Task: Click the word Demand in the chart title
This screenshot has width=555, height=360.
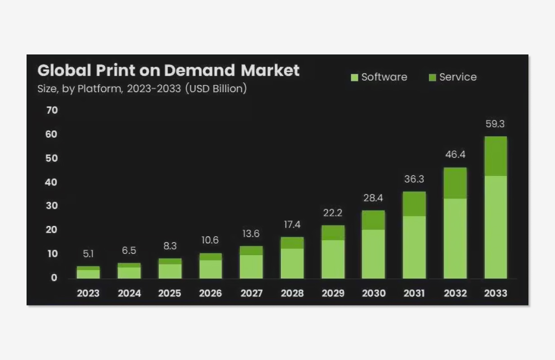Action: [x=199, y=71]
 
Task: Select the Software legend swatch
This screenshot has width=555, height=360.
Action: [x=354, y=77]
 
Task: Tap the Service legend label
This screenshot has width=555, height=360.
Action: [x=457, y=77]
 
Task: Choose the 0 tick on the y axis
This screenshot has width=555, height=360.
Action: [x=54, y=278]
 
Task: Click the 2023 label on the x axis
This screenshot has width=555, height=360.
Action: [x=88, y=293]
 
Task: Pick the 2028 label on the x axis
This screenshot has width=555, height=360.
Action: [x=292, y=293]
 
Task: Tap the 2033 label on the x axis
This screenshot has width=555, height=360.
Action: [x=496, y=293]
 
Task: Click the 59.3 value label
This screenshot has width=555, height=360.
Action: [x=496, y=124]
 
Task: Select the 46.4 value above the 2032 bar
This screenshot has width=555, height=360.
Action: [x=455, y=155]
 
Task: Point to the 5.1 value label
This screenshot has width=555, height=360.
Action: [x=88, y=254]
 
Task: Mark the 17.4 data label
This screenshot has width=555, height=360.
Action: [x=292, y=225]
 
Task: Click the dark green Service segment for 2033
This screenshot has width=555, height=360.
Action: [x=496, y=156]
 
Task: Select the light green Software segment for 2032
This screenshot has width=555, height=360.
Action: [x=455, y=238]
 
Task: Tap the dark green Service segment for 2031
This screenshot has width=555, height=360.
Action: [x=414, y=204]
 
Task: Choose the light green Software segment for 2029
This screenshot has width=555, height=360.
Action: [x=333, y=259]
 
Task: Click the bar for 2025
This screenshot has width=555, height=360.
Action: [x=170, y=269]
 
